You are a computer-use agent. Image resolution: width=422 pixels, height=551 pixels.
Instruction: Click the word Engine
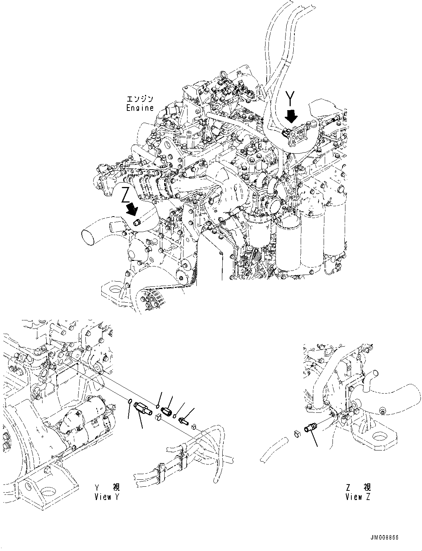[x=139, y=108]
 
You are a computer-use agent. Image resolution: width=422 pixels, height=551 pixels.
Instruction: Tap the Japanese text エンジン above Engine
[x=139, y=99]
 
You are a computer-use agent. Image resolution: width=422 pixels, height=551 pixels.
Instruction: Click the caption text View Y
[x=107, y=497]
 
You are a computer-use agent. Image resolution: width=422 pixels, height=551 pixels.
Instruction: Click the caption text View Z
[x=358, y=497]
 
